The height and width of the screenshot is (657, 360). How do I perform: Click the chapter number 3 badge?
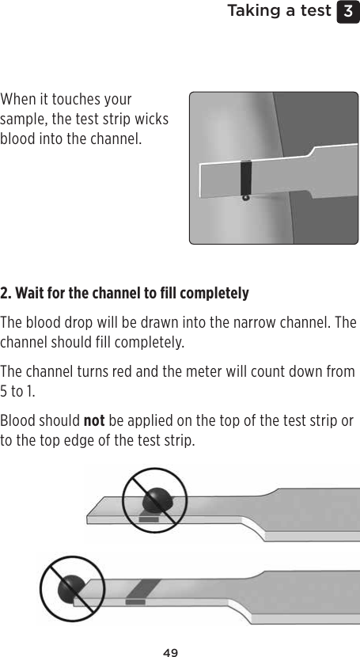coord(348,11)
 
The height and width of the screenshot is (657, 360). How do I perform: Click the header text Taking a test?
coord(279,11)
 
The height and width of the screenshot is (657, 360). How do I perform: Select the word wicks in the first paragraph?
coord(151,120)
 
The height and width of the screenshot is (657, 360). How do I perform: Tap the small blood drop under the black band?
coord(246,198)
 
